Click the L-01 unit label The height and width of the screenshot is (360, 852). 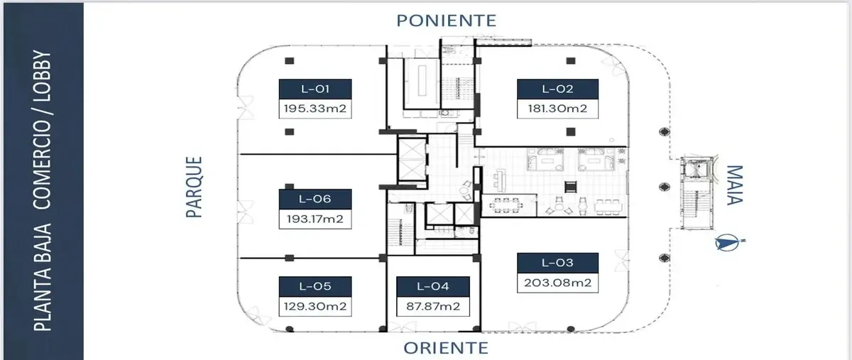(x=315, y=89)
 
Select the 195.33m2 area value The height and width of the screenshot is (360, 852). (x=315, y=109)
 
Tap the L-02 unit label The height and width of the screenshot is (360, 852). (x=557, y=89)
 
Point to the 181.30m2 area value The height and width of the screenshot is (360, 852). (x=557, y=109)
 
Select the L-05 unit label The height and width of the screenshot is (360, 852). (x=315, y=287)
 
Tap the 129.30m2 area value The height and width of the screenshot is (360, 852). (x=315, y=307)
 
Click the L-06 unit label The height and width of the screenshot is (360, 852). (x=315, y=200)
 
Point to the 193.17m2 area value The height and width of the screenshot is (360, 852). (x=315, y=219)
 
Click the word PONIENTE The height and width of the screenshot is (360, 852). (x=446, y=20)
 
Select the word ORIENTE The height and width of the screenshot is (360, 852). (x=446, y=348)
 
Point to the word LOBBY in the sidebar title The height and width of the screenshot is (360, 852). (x=43, y=80)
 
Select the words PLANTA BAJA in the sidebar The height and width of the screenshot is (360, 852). (x=43, y=276)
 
